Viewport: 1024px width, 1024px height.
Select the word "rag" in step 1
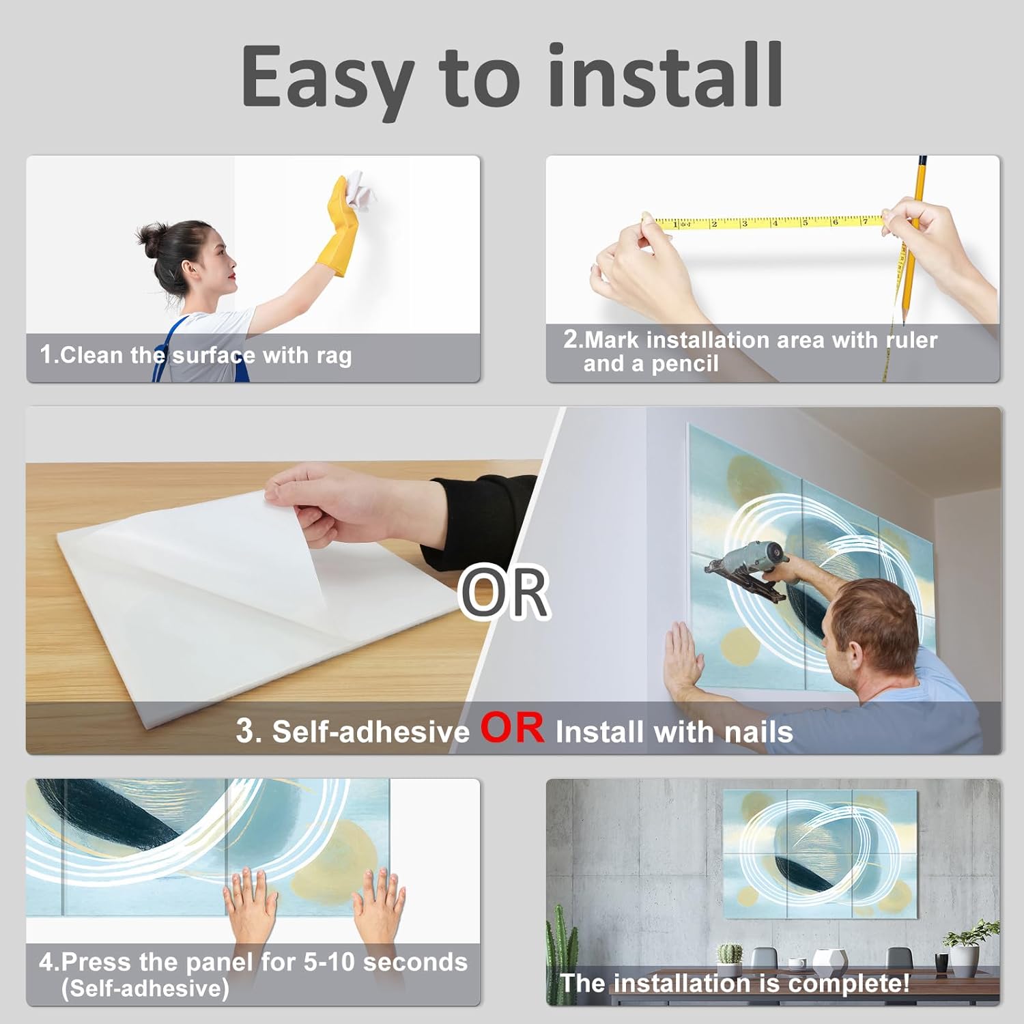pyautogui.click(x=334, y=356)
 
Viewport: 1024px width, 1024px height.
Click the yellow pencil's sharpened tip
pyautogui.click(x=904, y=320)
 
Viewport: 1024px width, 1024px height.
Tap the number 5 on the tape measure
pyautogui.click(x=805, y=222)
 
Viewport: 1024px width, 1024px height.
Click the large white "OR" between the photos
pyautogui.click(x=504, y=592)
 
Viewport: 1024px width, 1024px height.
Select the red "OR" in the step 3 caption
pyautogui.click(x=513, y=728)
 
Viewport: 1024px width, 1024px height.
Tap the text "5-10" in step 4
pyautogui.click(x=328, y=962)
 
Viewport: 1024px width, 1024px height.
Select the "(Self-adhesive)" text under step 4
pyautogui.click(x=145, y=989)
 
